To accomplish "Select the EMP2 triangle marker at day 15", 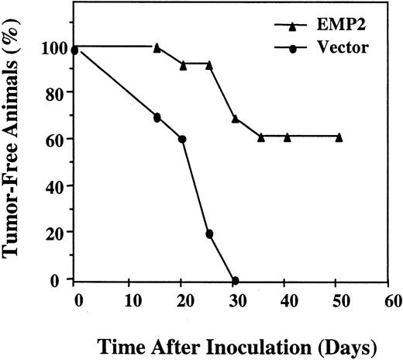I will point(157,47).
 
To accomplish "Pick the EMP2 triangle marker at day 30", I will point(235,119).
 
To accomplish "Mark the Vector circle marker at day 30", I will point(235,280).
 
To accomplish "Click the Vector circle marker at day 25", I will point(209,234).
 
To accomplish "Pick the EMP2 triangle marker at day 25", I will point(209,65).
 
